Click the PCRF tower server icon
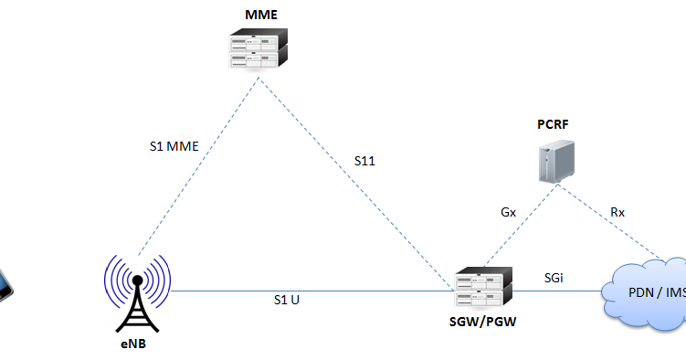tap(553, 162)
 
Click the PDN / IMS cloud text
tap(654, 293)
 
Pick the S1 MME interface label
tap(174, 145)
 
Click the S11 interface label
tap(365, 161)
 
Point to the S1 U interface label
tap(287, 299)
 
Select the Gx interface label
tap(508, 212)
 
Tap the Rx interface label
tap(617, 212)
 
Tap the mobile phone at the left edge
tap(5, 285)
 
